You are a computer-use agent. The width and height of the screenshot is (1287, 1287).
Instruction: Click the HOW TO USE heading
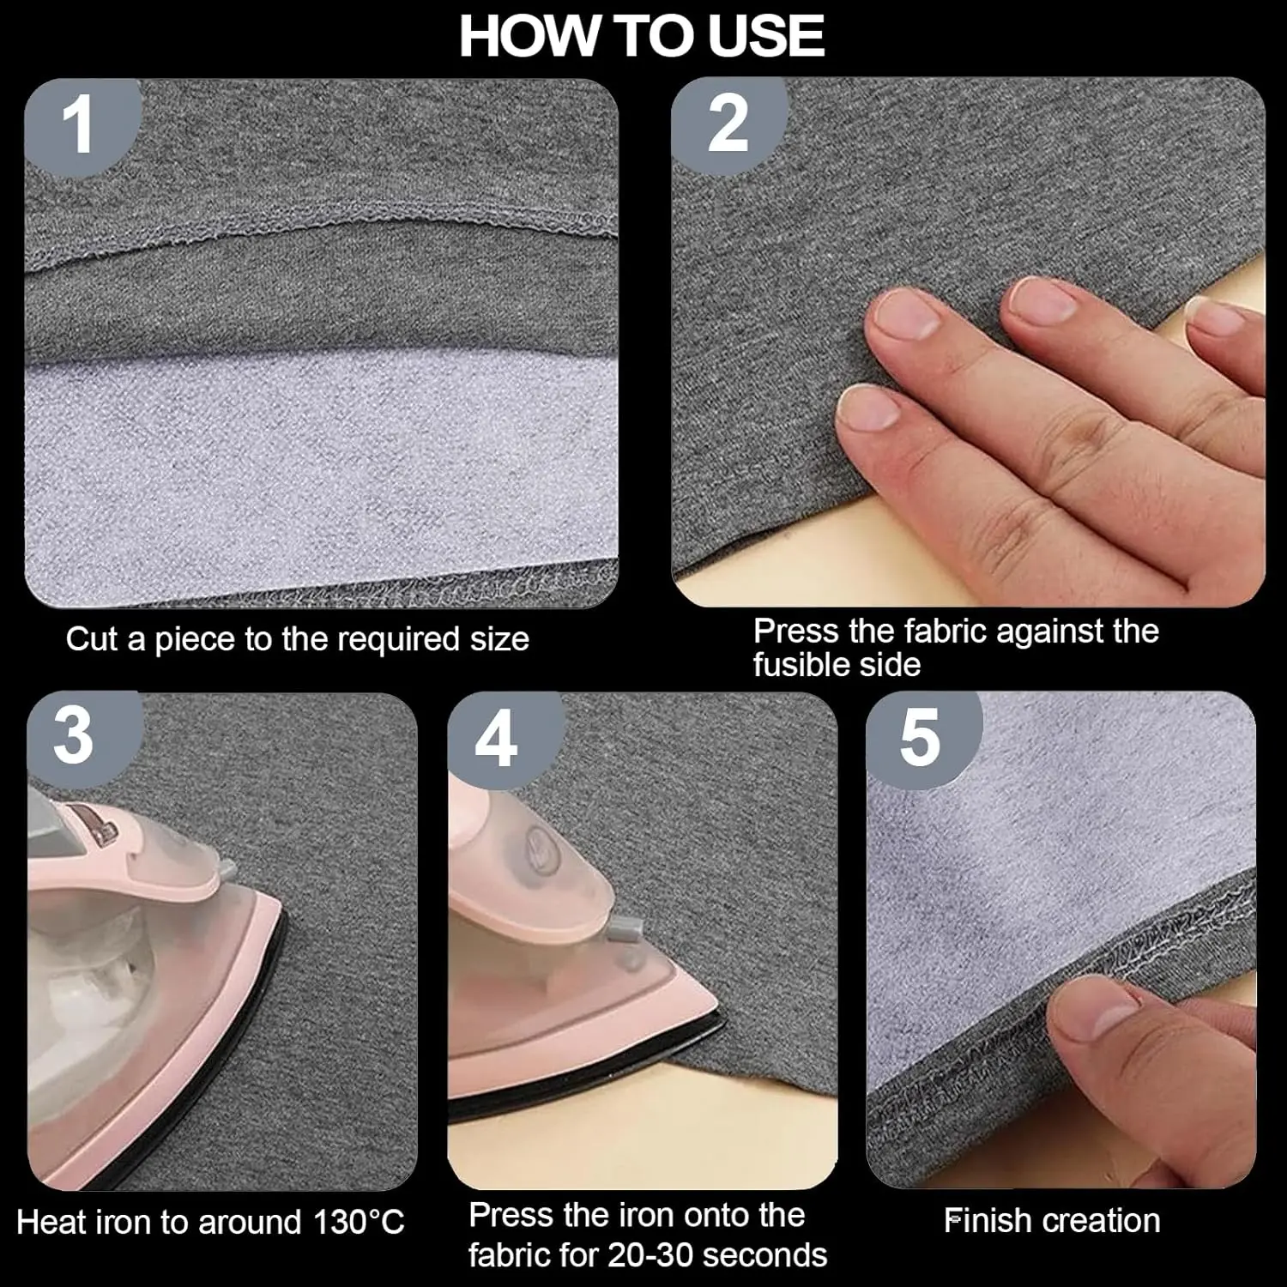(x=642, y=35)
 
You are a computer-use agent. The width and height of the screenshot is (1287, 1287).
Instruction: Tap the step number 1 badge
(x=80, y=125)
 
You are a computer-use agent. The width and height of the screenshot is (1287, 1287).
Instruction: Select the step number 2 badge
(x=728, y=125)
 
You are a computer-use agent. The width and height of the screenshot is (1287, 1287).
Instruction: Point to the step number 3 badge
(x=75, y=737)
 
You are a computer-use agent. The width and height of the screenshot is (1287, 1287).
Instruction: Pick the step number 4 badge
(x=497, y=739)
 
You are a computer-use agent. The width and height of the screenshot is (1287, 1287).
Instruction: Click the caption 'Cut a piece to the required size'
(x=297, y=640)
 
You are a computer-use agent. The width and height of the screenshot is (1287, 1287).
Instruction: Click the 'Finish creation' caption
(x=1052, y=1221)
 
